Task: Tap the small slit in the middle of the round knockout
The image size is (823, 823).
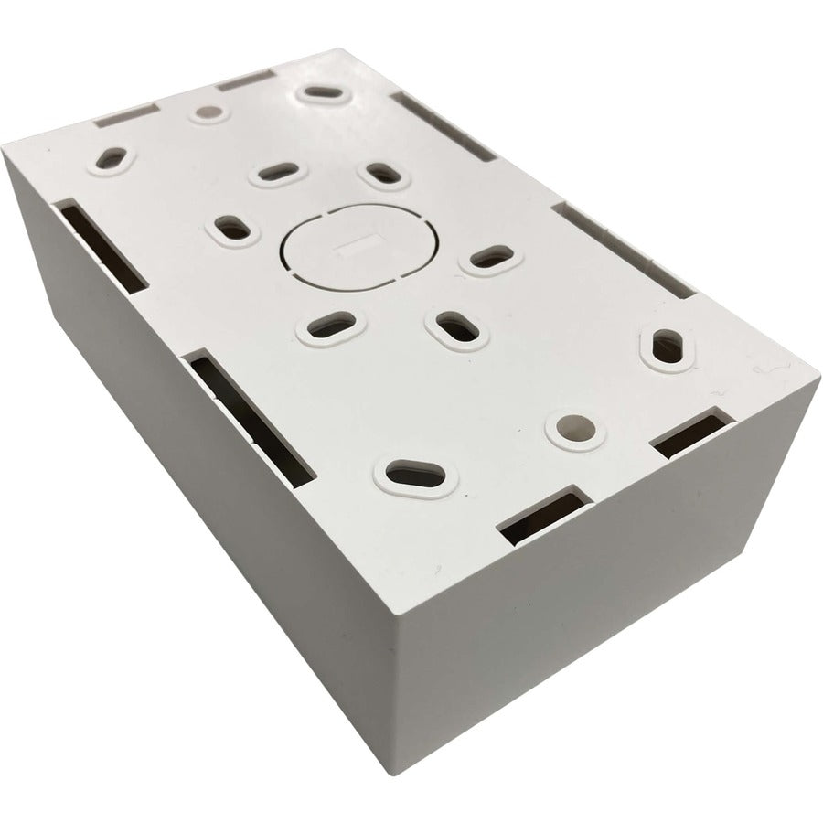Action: [351, 245]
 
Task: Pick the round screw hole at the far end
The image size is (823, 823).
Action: [208, 112]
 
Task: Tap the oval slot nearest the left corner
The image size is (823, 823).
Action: [112, 161]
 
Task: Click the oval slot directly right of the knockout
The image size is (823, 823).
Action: [491, 259]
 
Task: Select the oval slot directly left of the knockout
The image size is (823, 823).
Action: [232, 230]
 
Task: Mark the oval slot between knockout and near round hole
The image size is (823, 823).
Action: [455, 326]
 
